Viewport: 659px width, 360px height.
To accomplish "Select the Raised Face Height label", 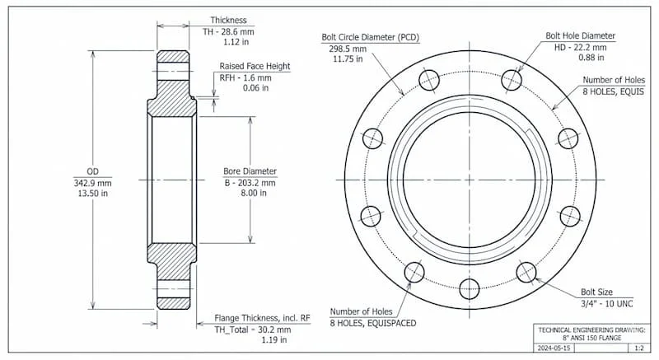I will [x=254, y=66].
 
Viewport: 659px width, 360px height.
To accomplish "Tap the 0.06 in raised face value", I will [x=237, y=89].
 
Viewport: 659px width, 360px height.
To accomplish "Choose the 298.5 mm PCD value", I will [x=342, y=49].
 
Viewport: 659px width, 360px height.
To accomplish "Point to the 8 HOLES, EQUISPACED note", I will [x=373, y=322].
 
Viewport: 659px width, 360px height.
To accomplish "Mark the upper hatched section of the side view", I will [x=173, y=105].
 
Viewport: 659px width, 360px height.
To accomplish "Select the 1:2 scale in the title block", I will [x=638, y=349].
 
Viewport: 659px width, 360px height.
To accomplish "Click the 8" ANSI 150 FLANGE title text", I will [x=588, y=338].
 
